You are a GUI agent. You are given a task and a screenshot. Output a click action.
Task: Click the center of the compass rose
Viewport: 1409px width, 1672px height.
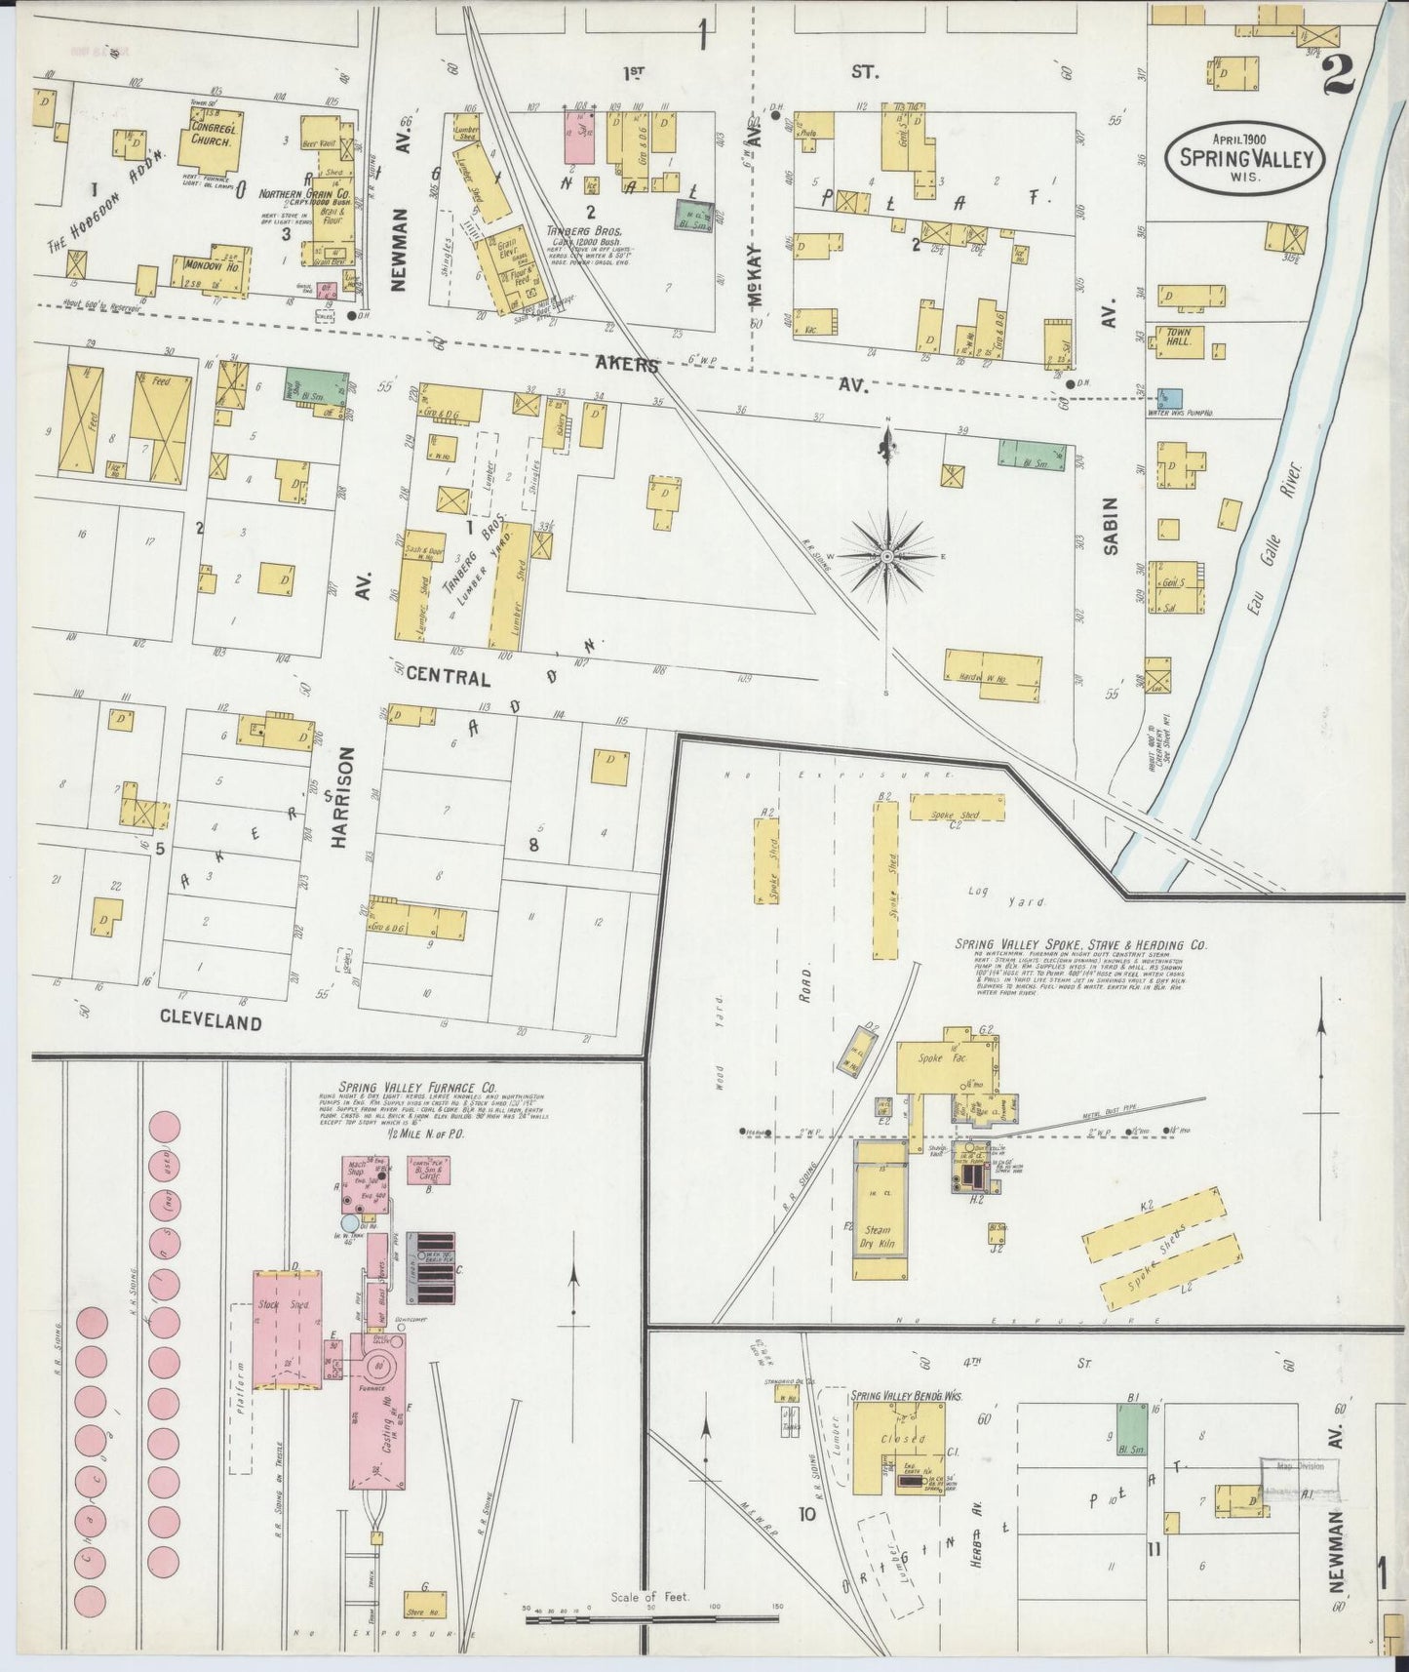click(x=887, y=556)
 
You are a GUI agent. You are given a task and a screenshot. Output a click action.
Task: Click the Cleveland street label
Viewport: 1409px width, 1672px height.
click(x=212, y=1022)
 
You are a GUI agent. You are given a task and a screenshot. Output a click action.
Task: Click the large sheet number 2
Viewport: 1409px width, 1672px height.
click(x=1340, y=74)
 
